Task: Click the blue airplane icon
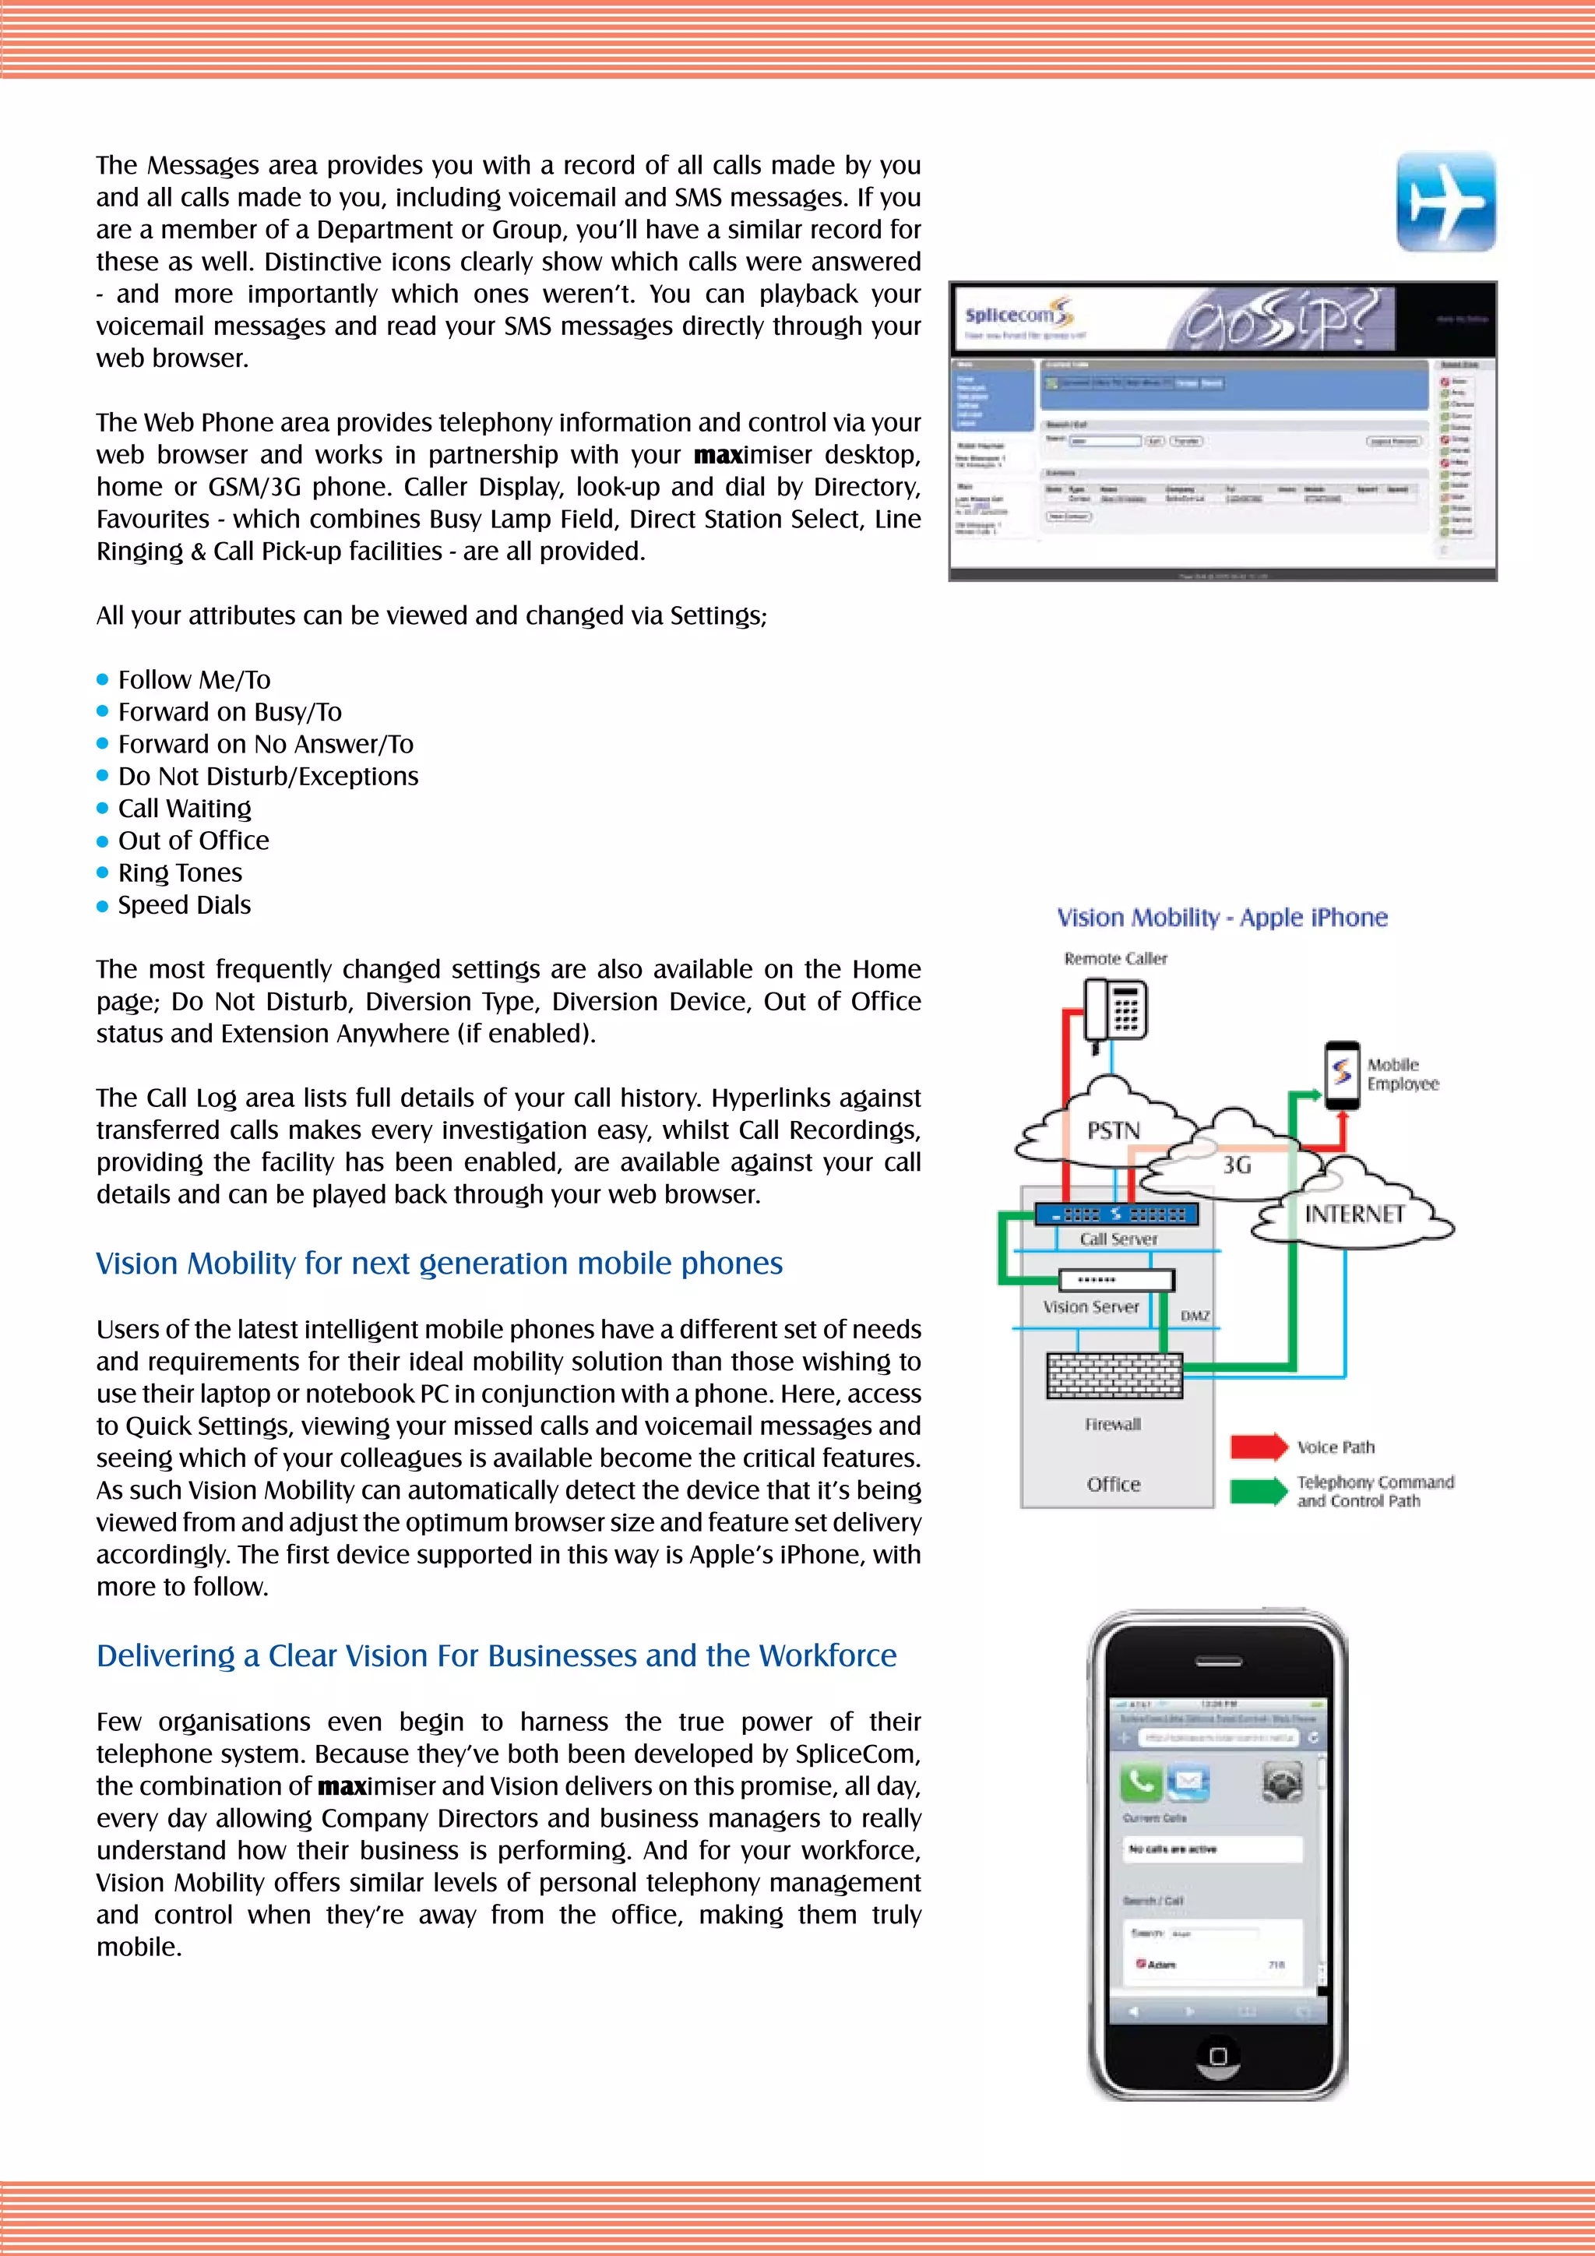point(1445,202)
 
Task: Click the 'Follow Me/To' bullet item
point(193,680)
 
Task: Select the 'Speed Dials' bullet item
point(184,905)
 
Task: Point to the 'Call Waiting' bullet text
point(185,809)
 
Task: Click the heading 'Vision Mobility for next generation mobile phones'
point(439,1264)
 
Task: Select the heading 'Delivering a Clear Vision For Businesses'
point(496,1655)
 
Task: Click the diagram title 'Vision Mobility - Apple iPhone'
point(1222,918)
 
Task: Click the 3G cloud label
point(1237,1165)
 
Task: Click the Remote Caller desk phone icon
point(1117,1012)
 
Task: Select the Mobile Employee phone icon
point(1342,1075)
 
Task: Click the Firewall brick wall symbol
point(1114,1376)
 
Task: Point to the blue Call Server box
point(1117,1214)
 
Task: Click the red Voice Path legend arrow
point(1258,1447)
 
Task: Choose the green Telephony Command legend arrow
point(1258,1490)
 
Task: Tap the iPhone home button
point(1218,2056)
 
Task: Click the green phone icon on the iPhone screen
point(1140,1782)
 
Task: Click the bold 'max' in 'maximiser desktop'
point(717,455)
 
